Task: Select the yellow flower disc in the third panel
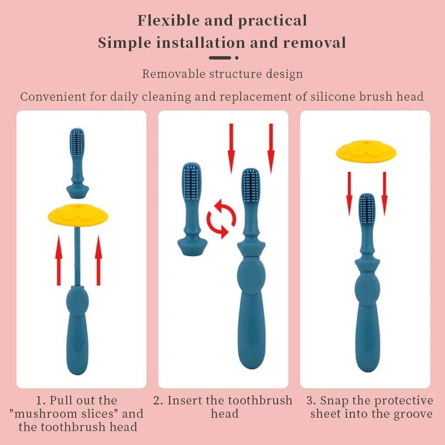click(x=365, y=152)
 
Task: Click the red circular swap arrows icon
click(x=222, y=220)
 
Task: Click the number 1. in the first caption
click(x=41, y=400)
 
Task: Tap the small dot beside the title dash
click(x=236, y=57)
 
